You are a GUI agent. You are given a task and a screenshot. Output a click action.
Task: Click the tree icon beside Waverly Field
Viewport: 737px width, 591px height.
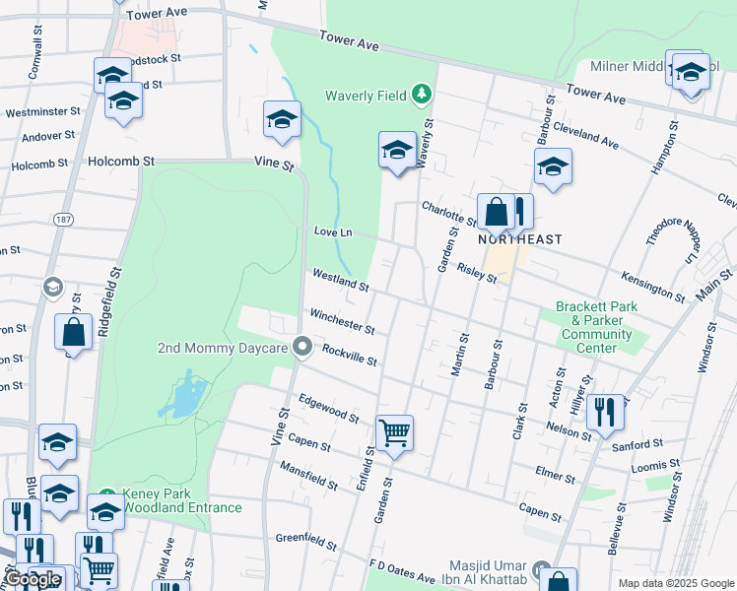423,95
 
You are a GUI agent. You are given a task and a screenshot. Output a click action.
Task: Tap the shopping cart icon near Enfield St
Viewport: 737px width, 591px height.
394,431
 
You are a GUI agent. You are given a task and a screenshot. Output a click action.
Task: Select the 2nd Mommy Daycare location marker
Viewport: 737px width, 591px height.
302,348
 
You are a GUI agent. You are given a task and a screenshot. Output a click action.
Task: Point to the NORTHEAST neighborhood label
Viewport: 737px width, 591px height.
520,239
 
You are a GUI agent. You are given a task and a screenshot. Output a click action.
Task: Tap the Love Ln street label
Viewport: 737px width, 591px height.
333,231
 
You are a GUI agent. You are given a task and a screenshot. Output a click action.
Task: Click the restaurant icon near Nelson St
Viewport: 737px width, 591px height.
604,411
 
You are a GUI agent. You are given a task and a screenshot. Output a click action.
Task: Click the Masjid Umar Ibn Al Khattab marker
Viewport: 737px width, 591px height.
542,570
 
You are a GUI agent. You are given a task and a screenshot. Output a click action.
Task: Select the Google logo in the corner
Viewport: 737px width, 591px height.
33,579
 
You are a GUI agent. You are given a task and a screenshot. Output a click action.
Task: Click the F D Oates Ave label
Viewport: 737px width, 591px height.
402,573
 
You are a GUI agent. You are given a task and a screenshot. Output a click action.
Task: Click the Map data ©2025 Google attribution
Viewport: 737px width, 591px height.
675,583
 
